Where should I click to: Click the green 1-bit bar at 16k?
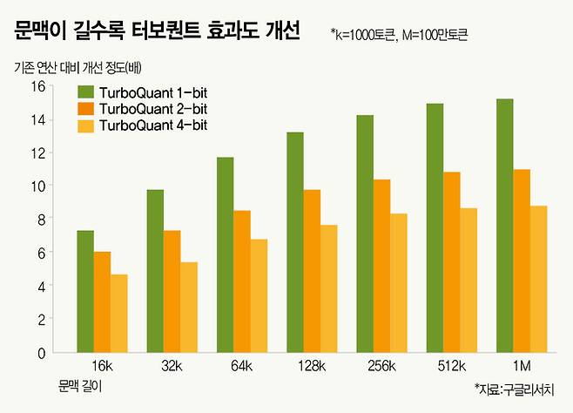[85, 291]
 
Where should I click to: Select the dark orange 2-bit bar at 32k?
[172, 291]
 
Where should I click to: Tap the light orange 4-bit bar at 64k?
[259, 295]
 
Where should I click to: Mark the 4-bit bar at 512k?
[469, 280]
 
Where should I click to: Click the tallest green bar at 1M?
[504, 226]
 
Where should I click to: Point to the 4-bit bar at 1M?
[538, 279]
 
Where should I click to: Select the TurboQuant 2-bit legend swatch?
[86, 108]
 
